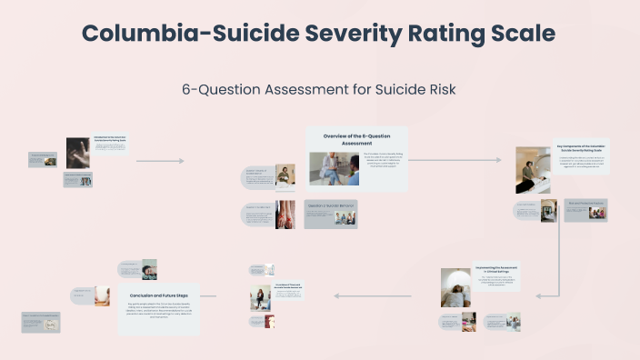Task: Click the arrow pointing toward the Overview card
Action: [x=160, y=161]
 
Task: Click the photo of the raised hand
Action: [x=78, y=153]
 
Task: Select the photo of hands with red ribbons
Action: [x=285, y=214]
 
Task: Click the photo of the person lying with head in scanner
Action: [x=455, y=287]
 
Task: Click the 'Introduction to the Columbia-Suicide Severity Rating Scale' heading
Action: [x=109, y=140]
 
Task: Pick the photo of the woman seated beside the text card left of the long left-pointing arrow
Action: [x=262, y=296]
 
